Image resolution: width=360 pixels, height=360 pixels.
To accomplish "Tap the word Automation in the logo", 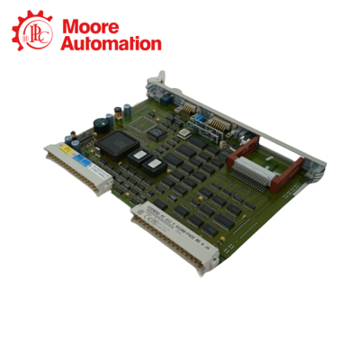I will (x=110, y=42).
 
